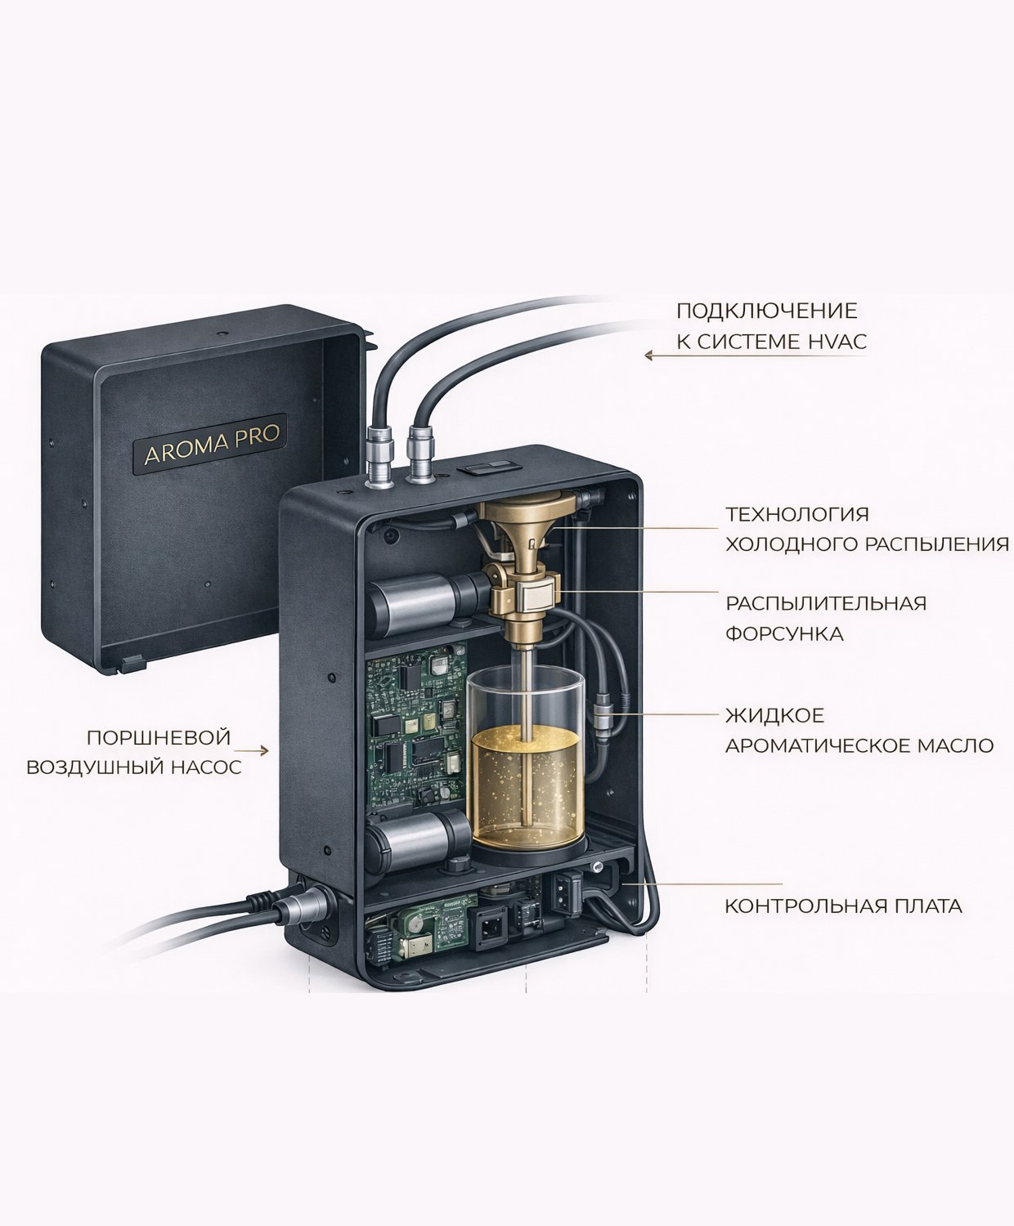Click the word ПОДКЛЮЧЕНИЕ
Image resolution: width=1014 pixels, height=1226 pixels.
(x=767, y=311)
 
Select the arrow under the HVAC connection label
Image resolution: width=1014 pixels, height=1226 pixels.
(x=755, y=356)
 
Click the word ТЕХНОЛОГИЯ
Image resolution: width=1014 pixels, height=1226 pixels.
(x=797, y=514)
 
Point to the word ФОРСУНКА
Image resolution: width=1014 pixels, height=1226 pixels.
(x=784, y=634)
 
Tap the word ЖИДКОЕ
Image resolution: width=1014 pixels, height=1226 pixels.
(x=775, y=716)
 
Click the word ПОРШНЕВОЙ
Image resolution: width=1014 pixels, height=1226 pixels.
(x=159, y=737)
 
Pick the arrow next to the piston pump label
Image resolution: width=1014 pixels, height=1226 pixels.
(x=251, y=750)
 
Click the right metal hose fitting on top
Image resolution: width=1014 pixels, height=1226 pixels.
(x=420, y=453)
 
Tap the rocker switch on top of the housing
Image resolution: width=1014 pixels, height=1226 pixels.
(x=485, y=468)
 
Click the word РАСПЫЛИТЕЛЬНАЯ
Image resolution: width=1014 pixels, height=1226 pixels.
(x=826, y=604)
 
